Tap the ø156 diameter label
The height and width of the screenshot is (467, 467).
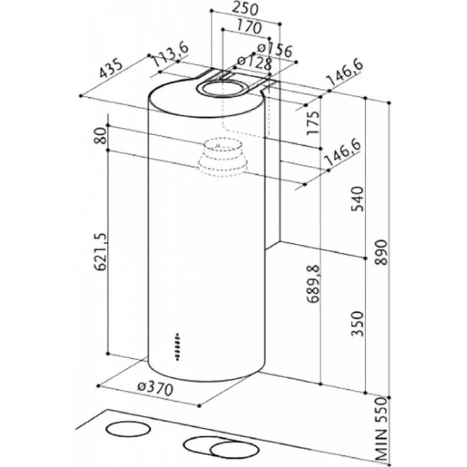[275, 50]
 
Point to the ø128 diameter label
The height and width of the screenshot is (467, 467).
[254, 63]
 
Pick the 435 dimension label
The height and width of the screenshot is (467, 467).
[110, 69]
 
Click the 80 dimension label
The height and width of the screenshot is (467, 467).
[100, 135]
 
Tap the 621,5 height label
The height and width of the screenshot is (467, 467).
[100, 252]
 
